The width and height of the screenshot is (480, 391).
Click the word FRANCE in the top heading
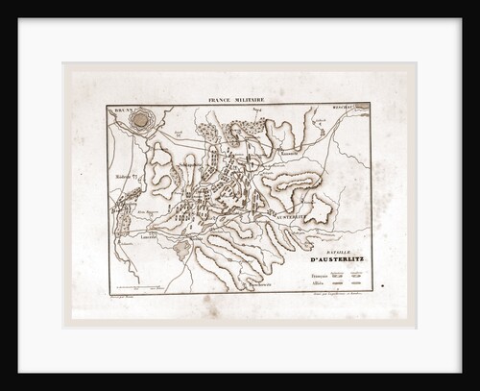pyautogui.click(x=222, y=99)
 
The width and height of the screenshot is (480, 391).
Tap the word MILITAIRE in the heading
pyautogui.click(x=251, y=99)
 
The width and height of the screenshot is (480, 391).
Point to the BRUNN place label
pyautogui.click(x=121, y=110)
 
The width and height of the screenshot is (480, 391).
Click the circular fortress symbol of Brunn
pyautogui.click(x=142, y=120)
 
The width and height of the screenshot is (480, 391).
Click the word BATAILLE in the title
pyautogui.click(x=324, y=252)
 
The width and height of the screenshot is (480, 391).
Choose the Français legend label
pyautogui.click(x=319, y=275)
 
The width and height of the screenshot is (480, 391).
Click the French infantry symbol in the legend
pyautogui.click(x=338, y=275)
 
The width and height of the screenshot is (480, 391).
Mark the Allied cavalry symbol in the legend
pyautogui.click(x=358, y=284)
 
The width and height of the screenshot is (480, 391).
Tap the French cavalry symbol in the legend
pyautogui.click(x=358, y=275)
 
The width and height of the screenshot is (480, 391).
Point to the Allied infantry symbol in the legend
pyautogui.click(x=338, y=284)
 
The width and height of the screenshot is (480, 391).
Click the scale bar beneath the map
pyautogui.click(x=144, y=288)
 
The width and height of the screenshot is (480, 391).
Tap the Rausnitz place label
pyautogui.click(x=320, y=122)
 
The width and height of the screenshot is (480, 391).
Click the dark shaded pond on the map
pyautogui.click(x=182, y=250)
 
